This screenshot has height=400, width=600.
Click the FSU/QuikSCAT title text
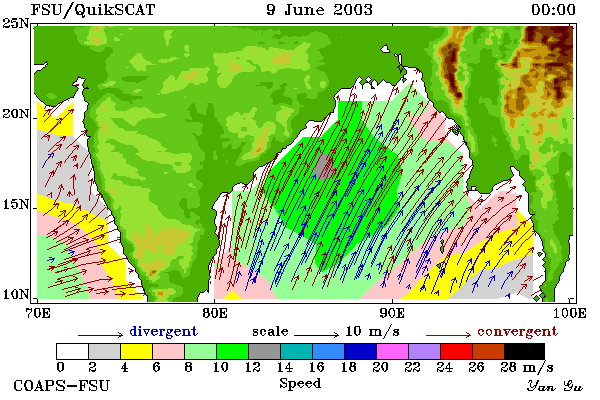coord(93,10)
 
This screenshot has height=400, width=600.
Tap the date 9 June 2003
coord(319,10)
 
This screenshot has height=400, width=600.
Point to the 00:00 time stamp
coord(553,10)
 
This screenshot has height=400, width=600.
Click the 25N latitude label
coord(16,24)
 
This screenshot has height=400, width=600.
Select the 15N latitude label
coord(16,205)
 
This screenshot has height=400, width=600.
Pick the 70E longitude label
coord(37,313)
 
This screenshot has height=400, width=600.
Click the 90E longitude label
coord(392,313)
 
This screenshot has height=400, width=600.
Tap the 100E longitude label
coord(569,313)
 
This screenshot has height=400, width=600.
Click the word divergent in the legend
coord(163,331)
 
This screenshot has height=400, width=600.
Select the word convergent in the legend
coord(517,331)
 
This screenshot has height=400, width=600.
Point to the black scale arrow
coord(316,335)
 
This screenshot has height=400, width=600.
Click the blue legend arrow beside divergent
coord(101,335)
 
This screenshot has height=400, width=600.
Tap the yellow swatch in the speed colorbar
coord(136,351)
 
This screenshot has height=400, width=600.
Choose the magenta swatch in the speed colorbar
coord(392,351)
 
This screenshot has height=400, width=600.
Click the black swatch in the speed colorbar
coord(524,351)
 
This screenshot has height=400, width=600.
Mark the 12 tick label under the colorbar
coord(252,367)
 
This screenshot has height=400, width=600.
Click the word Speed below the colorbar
coord(300,384)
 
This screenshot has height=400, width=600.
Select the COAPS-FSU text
coord(61,385)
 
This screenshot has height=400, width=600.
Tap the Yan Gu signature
coord(554,386)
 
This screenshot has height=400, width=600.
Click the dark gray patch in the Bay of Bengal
coord(325,167)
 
